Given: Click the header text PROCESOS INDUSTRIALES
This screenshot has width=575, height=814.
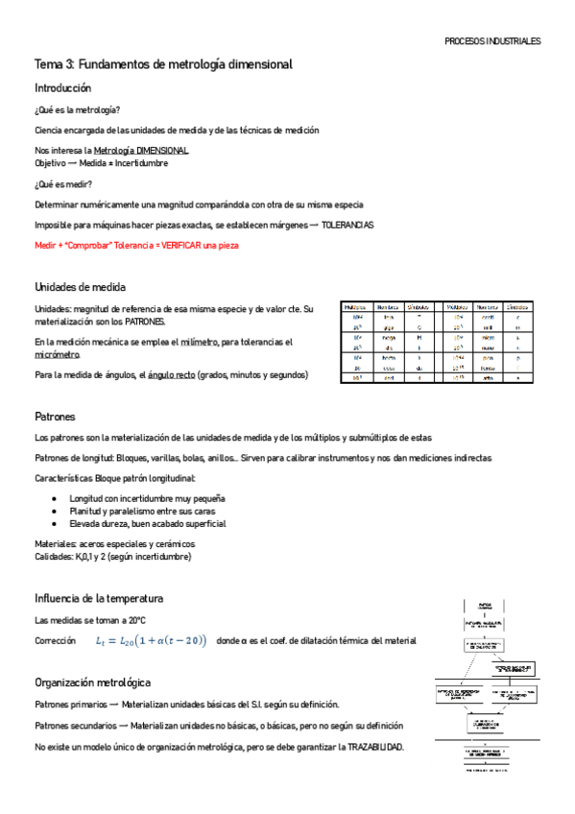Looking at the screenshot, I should [492, 42].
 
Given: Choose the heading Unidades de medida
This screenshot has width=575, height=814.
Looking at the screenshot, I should [80, 287].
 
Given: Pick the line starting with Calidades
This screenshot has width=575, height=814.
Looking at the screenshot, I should [112, 557].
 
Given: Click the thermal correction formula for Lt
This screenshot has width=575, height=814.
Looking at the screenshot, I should [151, 640].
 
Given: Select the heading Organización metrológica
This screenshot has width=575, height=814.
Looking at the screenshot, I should [92, 682].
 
